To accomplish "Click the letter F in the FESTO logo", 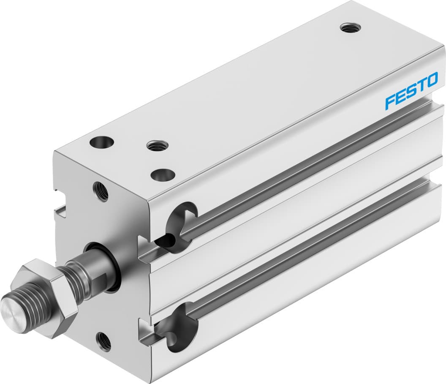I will [x=390, y=102].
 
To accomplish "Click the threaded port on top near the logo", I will [x=350, y=28].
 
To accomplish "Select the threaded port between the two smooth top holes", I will [x=157, y=146].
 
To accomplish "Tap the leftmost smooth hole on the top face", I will [x=101, y=142].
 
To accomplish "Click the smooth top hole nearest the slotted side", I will [x=163, y=174].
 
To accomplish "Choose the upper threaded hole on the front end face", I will [x=101, y=191].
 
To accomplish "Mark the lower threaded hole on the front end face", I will [x=103, y=341].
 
